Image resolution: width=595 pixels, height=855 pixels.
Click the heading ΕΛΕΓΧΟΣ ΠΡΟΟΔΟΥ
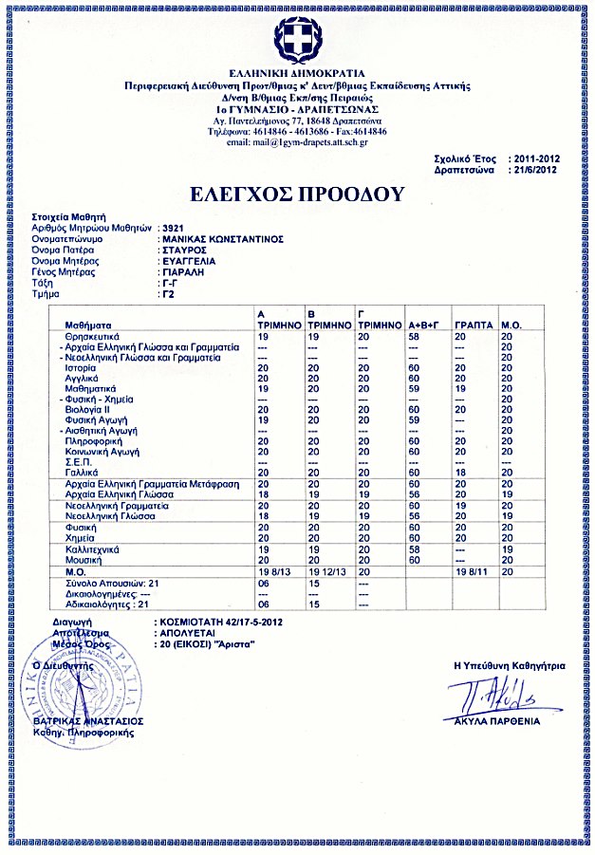click(296, 195)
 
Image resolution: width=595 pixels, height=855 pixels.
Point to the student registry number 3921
click(171, 229)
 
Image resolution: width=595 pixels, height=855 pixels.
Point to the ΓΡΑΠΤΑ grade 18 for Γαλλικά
click(460, 472)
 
